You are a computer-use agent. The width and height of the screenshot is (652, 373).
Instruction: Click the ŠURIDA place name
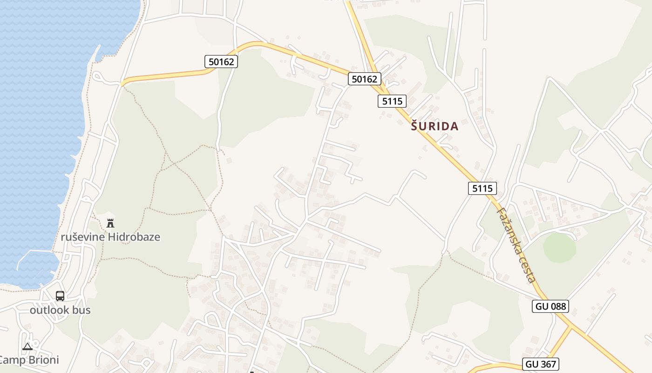point(435,126)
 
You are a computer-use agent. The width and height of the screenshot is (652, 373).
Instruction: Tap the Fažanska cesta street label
point(516,245)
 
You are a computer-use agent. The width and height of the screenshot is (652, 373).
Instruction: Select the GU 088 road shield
point(550,306)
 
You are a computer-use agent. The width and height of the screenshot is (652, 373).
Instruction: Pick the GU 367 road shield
point(541,364)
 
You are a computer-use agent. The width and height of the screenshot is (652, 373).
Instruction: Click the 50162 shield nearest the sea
point(221,61)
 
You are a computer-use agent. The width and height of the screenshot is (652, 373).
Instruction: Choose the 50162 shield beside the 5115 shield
point(364,79)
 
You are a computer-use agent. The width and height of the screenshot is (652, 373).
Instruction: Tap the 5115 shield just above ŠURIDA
point(392,101)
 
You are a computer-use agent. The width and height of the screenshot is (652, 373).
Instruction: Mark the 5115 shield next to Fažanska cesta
point(482,188)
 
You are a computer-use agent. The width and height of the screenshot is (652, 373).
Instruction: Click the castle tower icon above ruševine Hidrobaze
point(110,223)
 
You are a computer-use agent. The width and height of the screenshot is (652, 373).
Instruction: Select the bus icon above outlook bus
point(60,296)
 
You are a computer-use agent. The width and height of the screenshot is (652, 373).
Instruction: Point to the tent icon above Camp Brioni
point(27,346)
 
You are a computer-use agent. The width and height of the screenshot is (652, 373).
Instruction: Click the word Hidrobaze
point(134,237)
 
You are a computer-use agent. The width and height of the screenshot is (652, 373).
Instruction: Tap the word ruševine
point(83,237)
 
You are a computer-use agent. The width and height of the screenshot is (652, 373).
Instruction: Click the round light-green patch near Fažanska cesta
point(559,248)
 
